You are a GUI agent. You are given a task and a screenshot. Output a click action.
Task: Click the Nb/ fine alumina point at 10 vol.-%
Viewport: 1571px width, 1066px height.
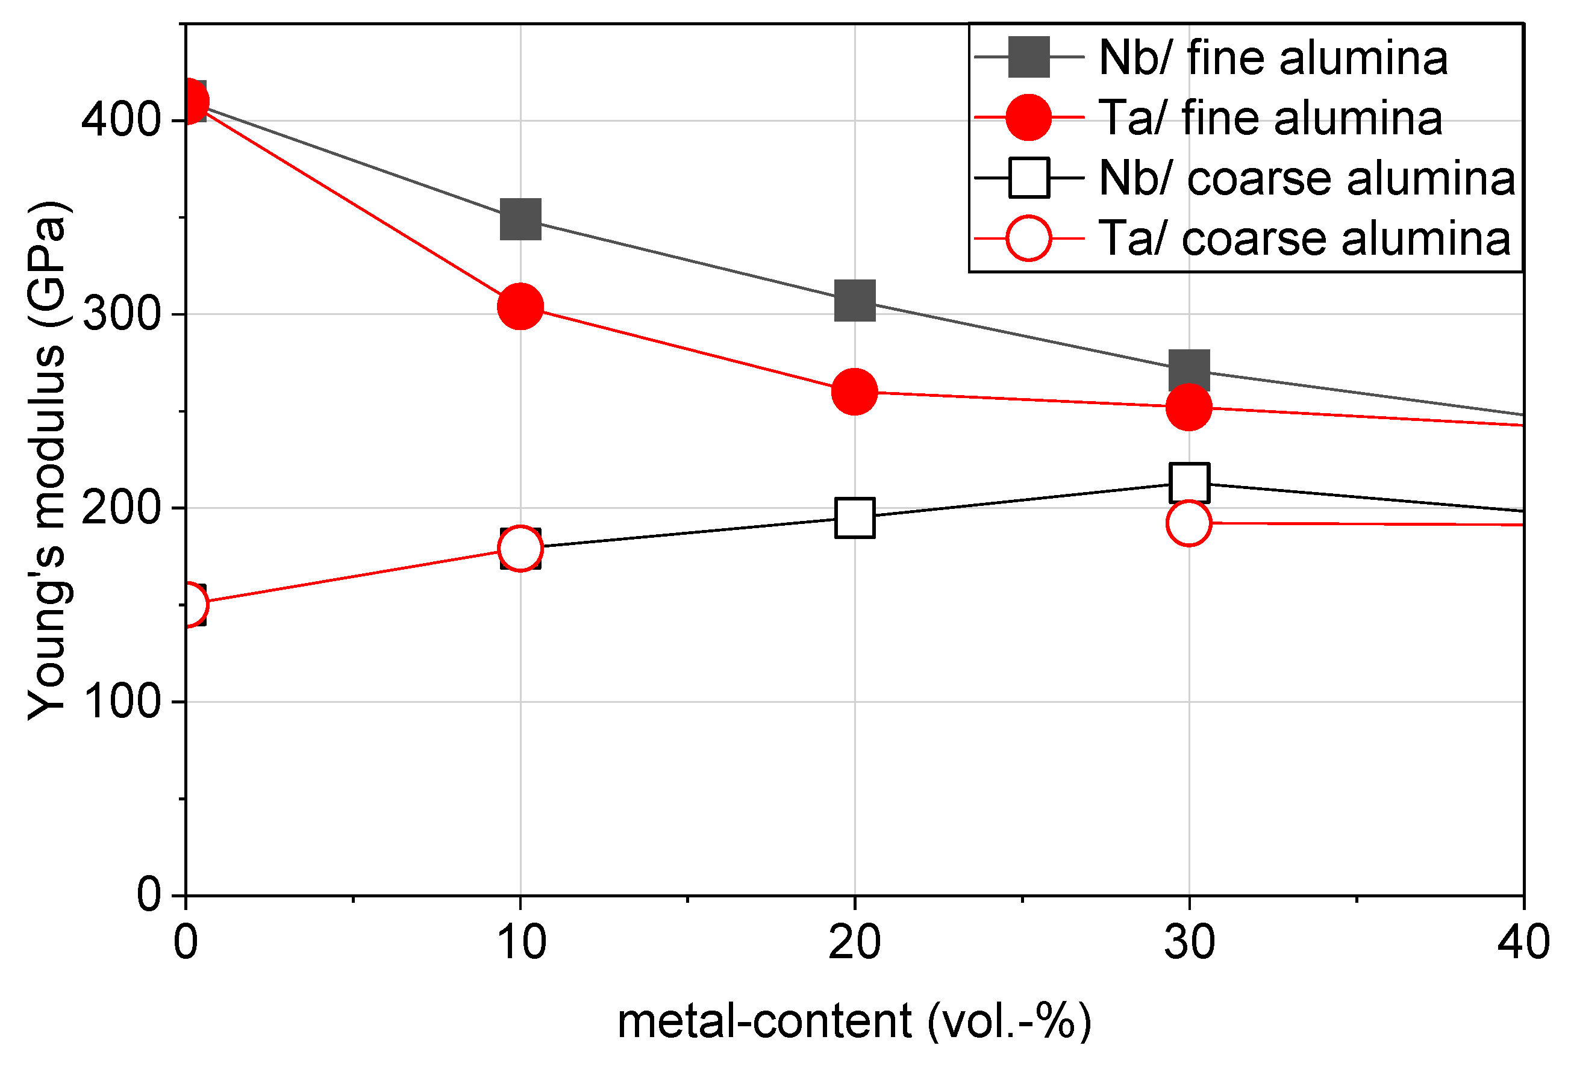point(520,219)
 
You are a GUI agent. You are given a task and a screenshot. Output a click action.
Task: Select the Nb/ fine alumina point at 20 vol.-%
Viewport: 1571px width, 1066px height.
point(855,300)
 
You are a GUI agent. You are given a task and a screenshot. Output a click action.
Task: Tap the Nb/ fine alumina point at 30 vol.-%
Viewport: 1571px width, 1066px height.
point(1189,370)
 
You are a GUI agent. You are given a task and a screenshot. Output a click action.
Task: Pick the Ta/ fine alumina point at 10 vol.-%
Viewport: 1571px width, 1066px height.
point(520,306)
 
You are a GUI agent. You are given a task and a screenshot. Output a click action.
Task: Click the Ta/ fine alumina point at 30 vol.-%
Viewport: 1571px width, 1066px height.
point(1188,407)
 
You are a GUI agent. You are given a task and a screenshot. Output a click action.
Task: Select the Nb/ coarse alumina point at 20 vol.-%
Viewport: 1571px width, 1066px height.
point(855,518)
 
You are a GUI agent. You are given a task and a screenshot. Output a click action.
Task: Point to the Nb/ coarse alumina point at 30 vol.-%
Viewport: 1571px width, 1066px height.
point(1189,482)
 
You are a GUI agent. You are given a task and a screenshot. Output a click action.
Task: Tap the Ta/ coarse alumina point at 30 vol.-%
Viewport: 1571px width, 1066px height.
point(1188,523)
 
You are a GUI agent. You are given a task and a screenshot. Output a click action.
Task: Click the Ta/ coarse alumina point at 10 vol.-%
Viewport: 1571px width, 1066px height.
point(520,547)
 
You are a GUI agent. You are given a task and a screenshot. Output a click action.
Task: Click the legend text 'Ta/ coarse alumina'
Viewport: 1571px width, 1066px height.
point(1305,238)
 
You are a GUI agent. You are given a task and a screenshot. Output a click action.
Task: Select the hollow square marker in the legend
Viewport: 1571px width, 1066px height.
point(1029,178)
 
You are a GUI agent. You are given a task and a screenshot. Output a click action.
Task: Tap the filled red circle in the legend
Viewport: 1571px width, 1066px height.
point(1029,117)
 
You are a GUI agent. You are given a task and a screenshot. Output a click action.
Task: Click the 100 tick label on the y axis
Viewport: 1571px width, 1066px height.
point(122,702)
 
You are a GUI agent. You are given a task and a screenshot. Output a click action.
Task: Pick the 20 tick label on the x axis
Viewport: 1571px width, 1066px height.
point(855,943)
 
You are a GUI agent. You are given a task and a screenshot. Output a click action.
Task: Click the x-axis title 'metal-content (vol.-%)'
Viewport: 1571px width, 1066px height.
point(854,1021)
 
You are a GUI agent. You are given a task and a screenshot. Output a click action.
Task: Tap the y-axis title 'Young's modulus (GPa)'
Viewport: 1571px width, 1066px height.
point(46,460)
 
